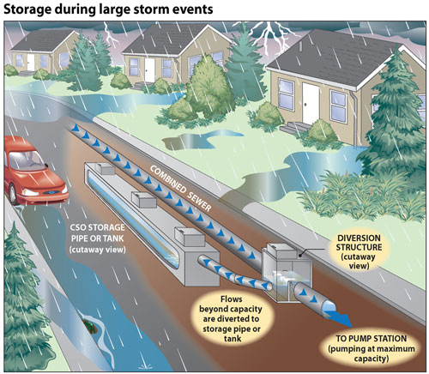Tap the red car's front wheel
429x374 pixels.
12,195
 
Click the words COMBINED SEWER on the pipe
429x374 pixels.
180,189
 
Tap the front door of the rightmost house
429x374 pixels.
311,104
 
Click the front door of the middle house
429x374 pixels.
149,70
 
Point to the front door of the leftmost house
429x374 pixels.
31,62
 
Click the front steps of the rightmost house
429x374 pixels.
294,128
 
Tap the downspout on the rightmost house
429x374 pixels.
354,118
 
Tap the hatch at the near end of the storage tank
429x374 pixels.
190,236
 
